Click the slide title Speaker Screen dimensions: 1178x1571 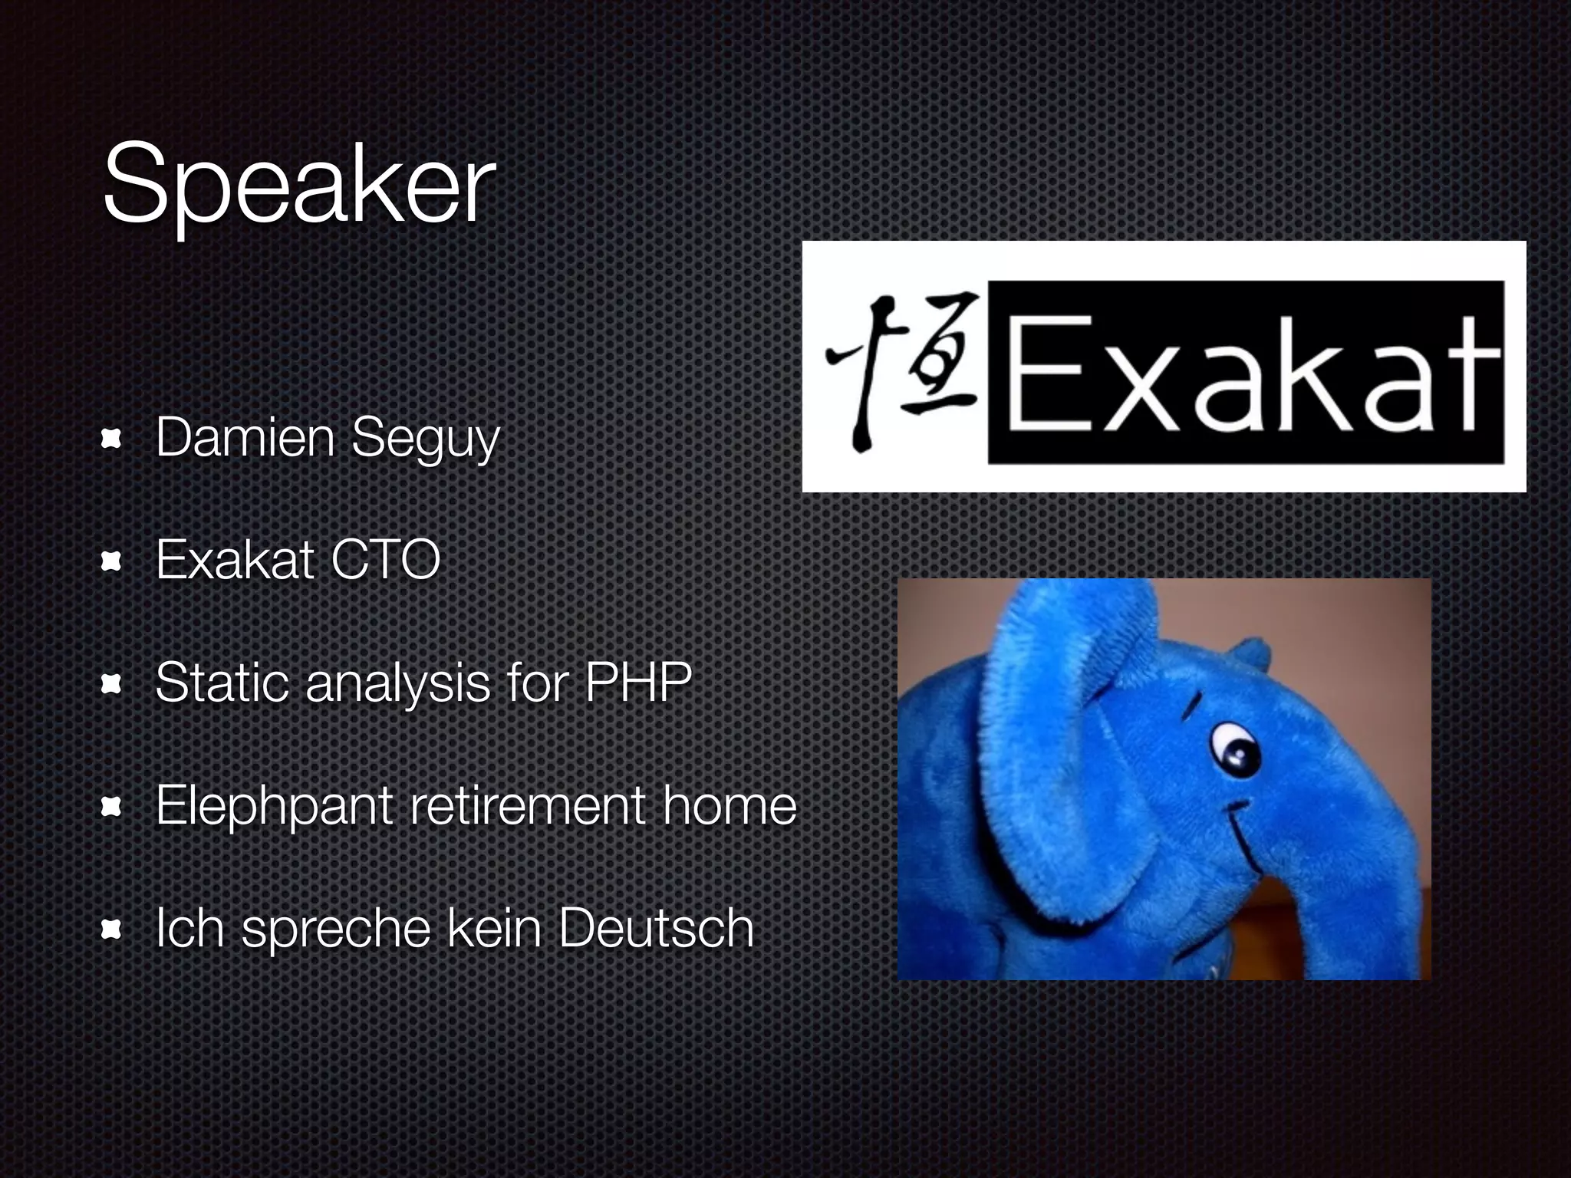point(299,184)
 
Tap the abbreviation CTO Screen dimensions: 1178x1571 point(385,560)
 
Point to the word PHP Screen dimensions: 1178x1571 point(638,682)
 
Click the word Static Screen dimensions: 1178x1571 point(222,682)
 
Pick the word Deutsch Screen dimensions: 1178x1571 point(656,928)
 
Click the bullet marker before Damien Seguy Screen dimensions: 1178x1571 point(112,439)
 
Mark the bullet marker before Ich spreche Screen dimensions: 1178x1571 point(112,930)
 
